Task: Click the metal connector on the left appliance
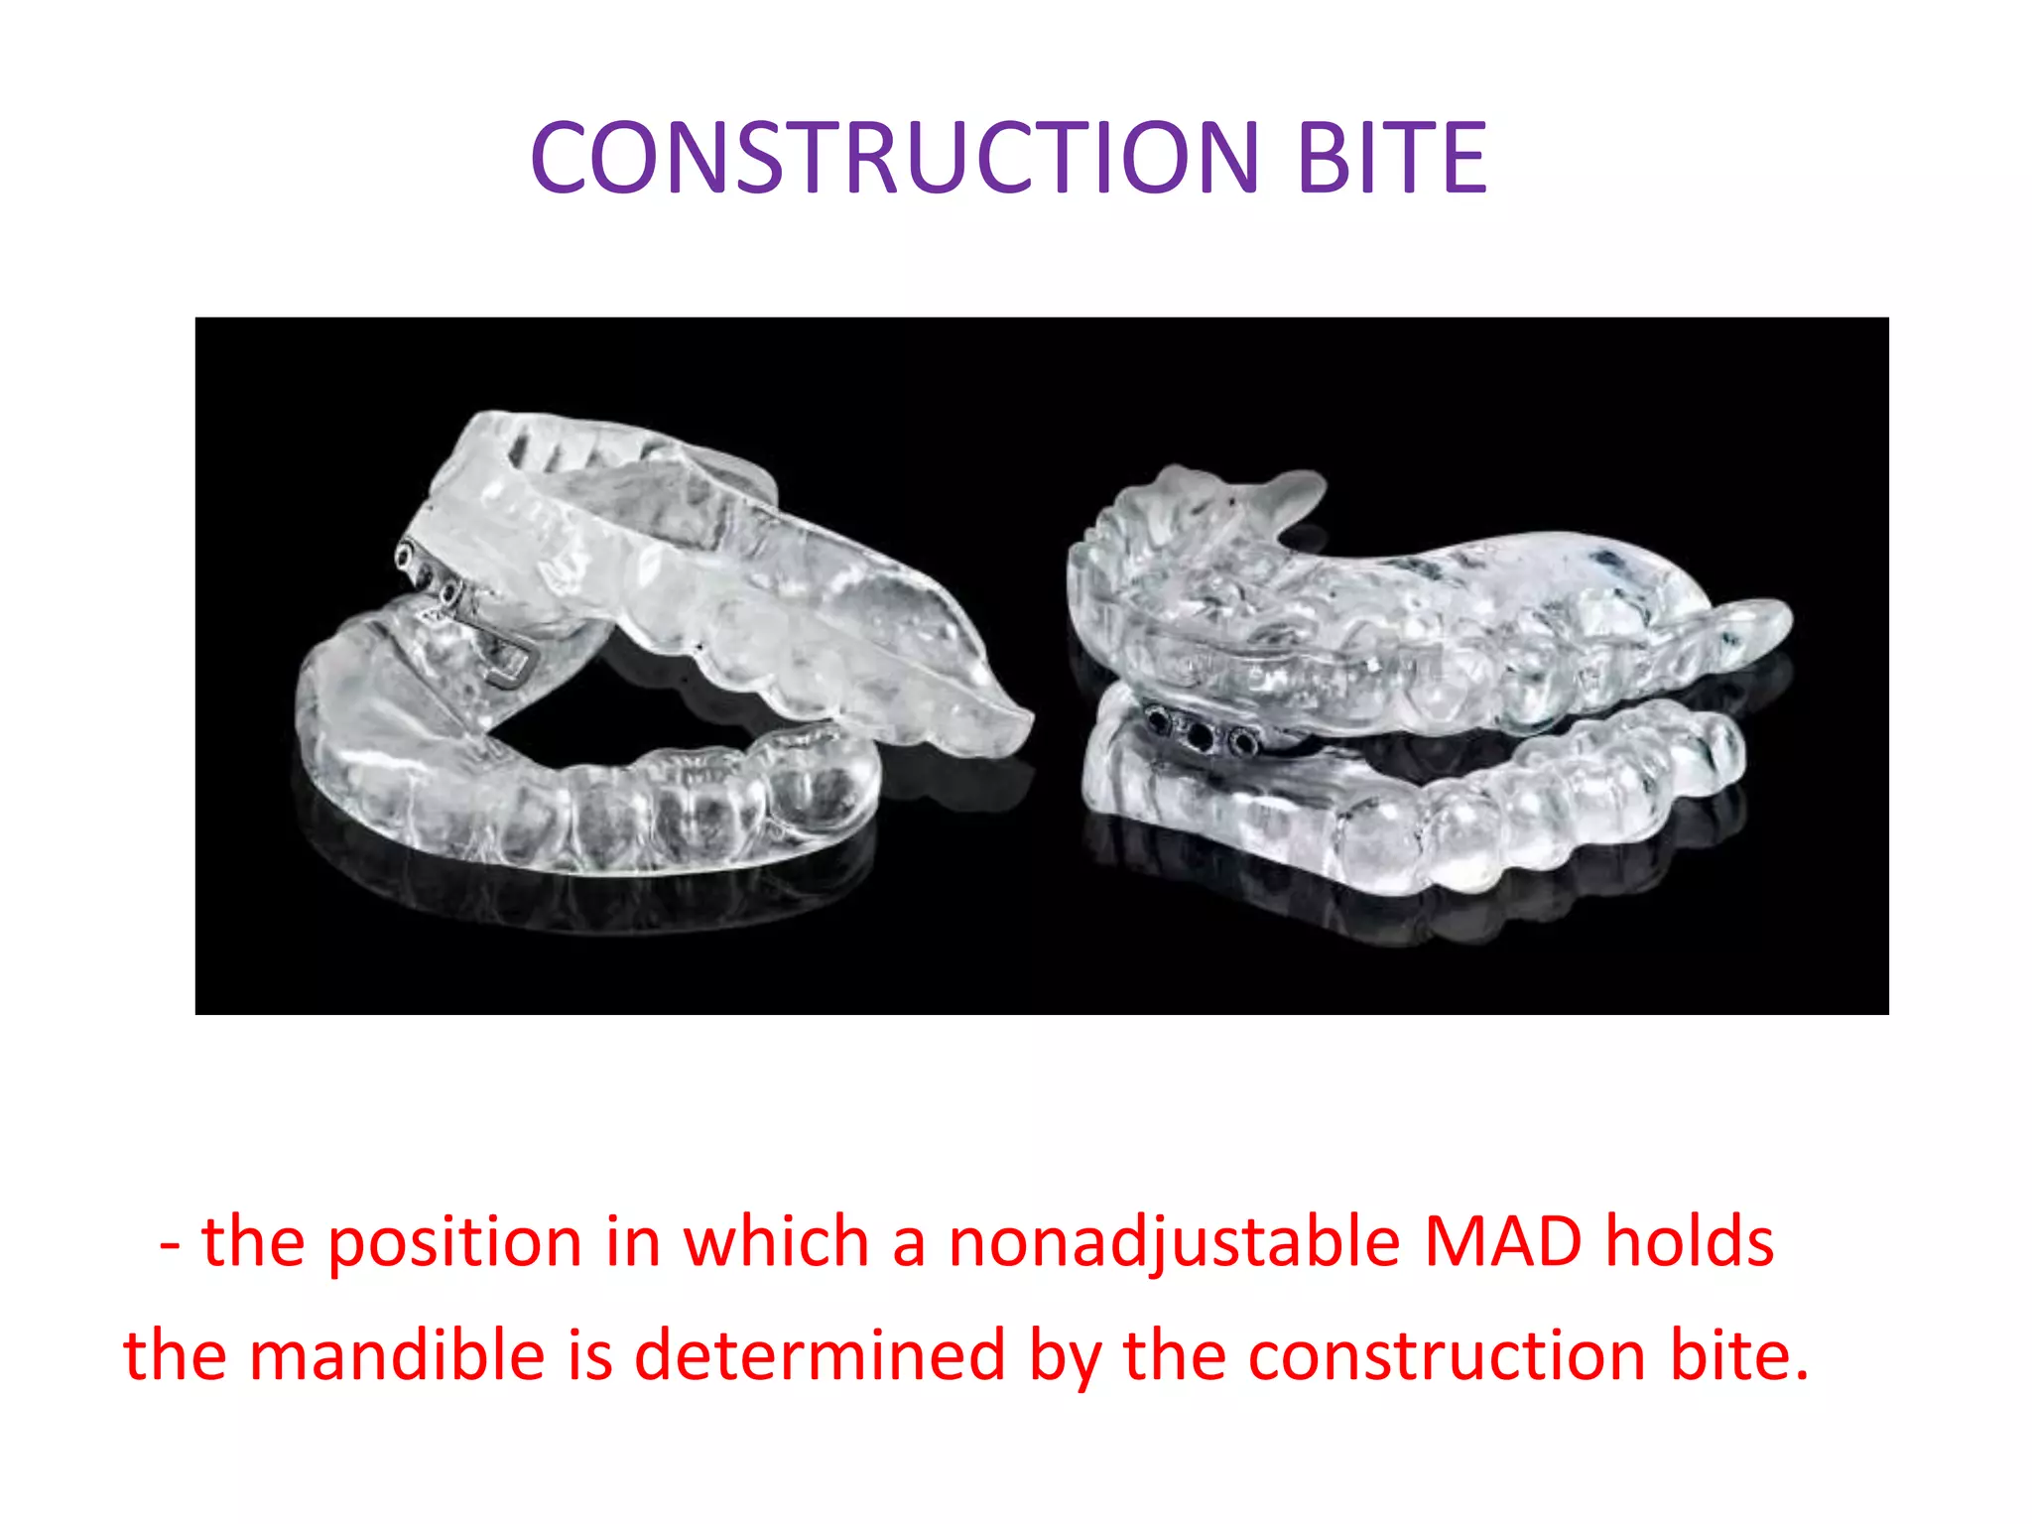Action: tap(466, 615)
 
